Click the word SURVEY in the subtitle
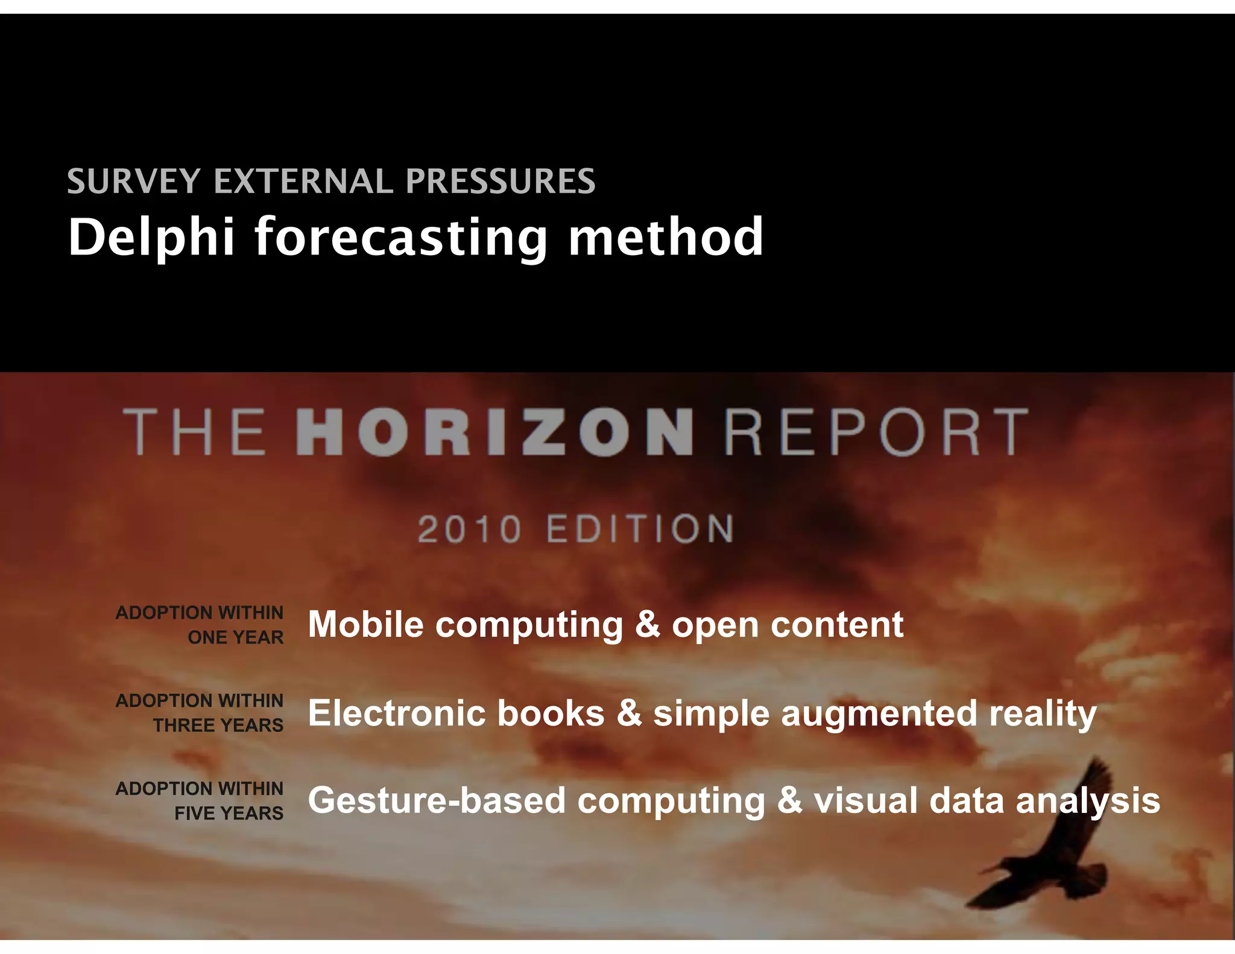(133, 182)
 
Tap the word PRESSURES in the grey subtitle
(500, 182)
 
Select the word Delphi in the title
(151, 237)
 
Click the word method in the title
(666, 237)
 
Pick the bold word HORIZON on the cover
(494, 432)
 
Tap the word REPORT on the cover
(876, 432)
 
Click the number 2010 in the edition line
(469, 529)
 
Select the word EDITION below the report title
(640, 529)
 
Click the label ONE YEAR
(235, 637)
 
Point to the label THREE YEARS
(218, 725)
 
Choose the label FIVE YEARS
(229, 813)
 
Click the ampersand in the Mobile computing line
(647, 625)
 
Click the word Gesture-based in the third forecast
(437, 801)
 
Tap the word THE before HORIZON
(194, 432)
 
